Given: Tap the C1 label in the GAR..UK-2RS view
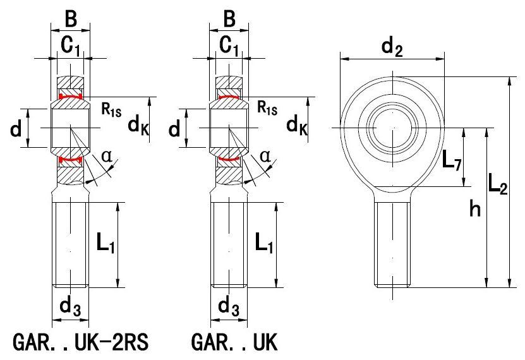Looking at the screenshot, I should (x=71, y=44).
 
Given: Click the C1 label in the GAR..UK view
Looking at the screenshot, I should (x=229, y=44).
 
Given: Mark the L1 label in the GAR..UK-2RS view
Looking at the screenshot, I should (x=105, y=243).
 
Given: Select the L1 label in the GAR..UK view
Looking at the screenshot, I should (x=263, y=243).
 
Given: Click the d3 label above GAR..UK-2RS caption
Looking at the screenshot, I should (x=69, y=307).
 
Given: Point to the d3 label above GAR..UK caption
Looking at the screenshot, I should (x=227, y=307).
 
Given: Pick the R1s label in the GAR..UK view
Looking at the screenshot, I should (x=268, y=109).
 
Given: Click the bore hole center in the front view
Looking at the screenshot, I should (x=393, y=128).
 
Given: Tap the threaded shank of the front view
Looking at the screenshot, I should (x=393, y=240).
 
